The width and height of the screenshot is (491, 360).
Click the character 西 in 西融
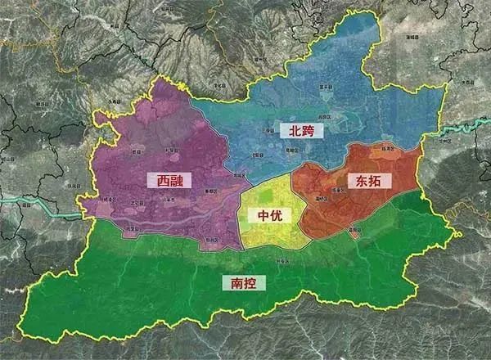(155, 179)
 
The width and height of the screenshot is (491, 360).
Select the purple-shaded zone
(147, 147)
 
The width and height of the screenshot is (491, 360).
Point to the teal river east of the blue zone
(458, 131)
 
